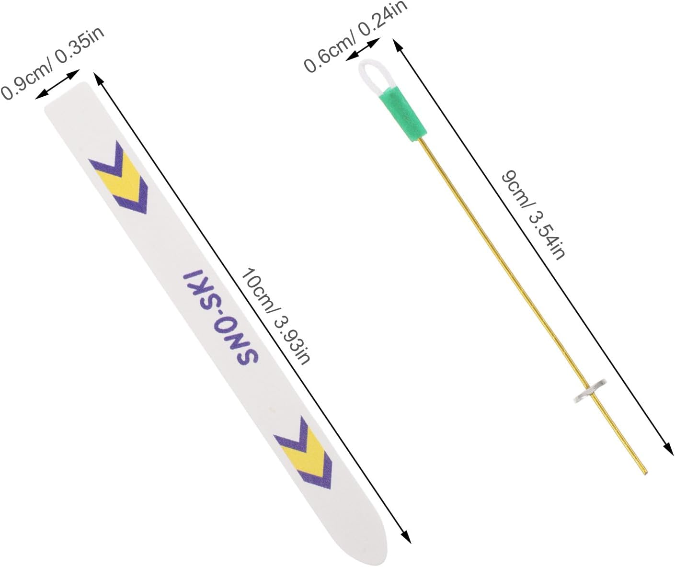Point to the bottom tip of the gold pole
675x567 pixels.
pyautogui.click(x=645, y=474)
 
